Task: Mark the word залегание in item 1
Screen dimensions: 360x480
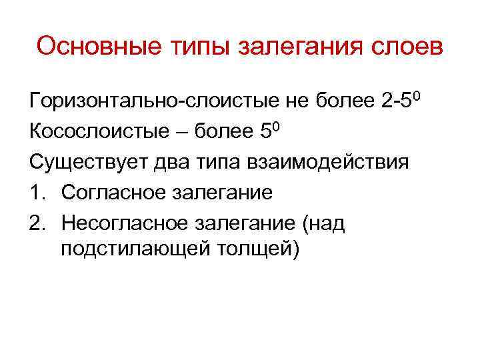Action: [223, 193]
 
